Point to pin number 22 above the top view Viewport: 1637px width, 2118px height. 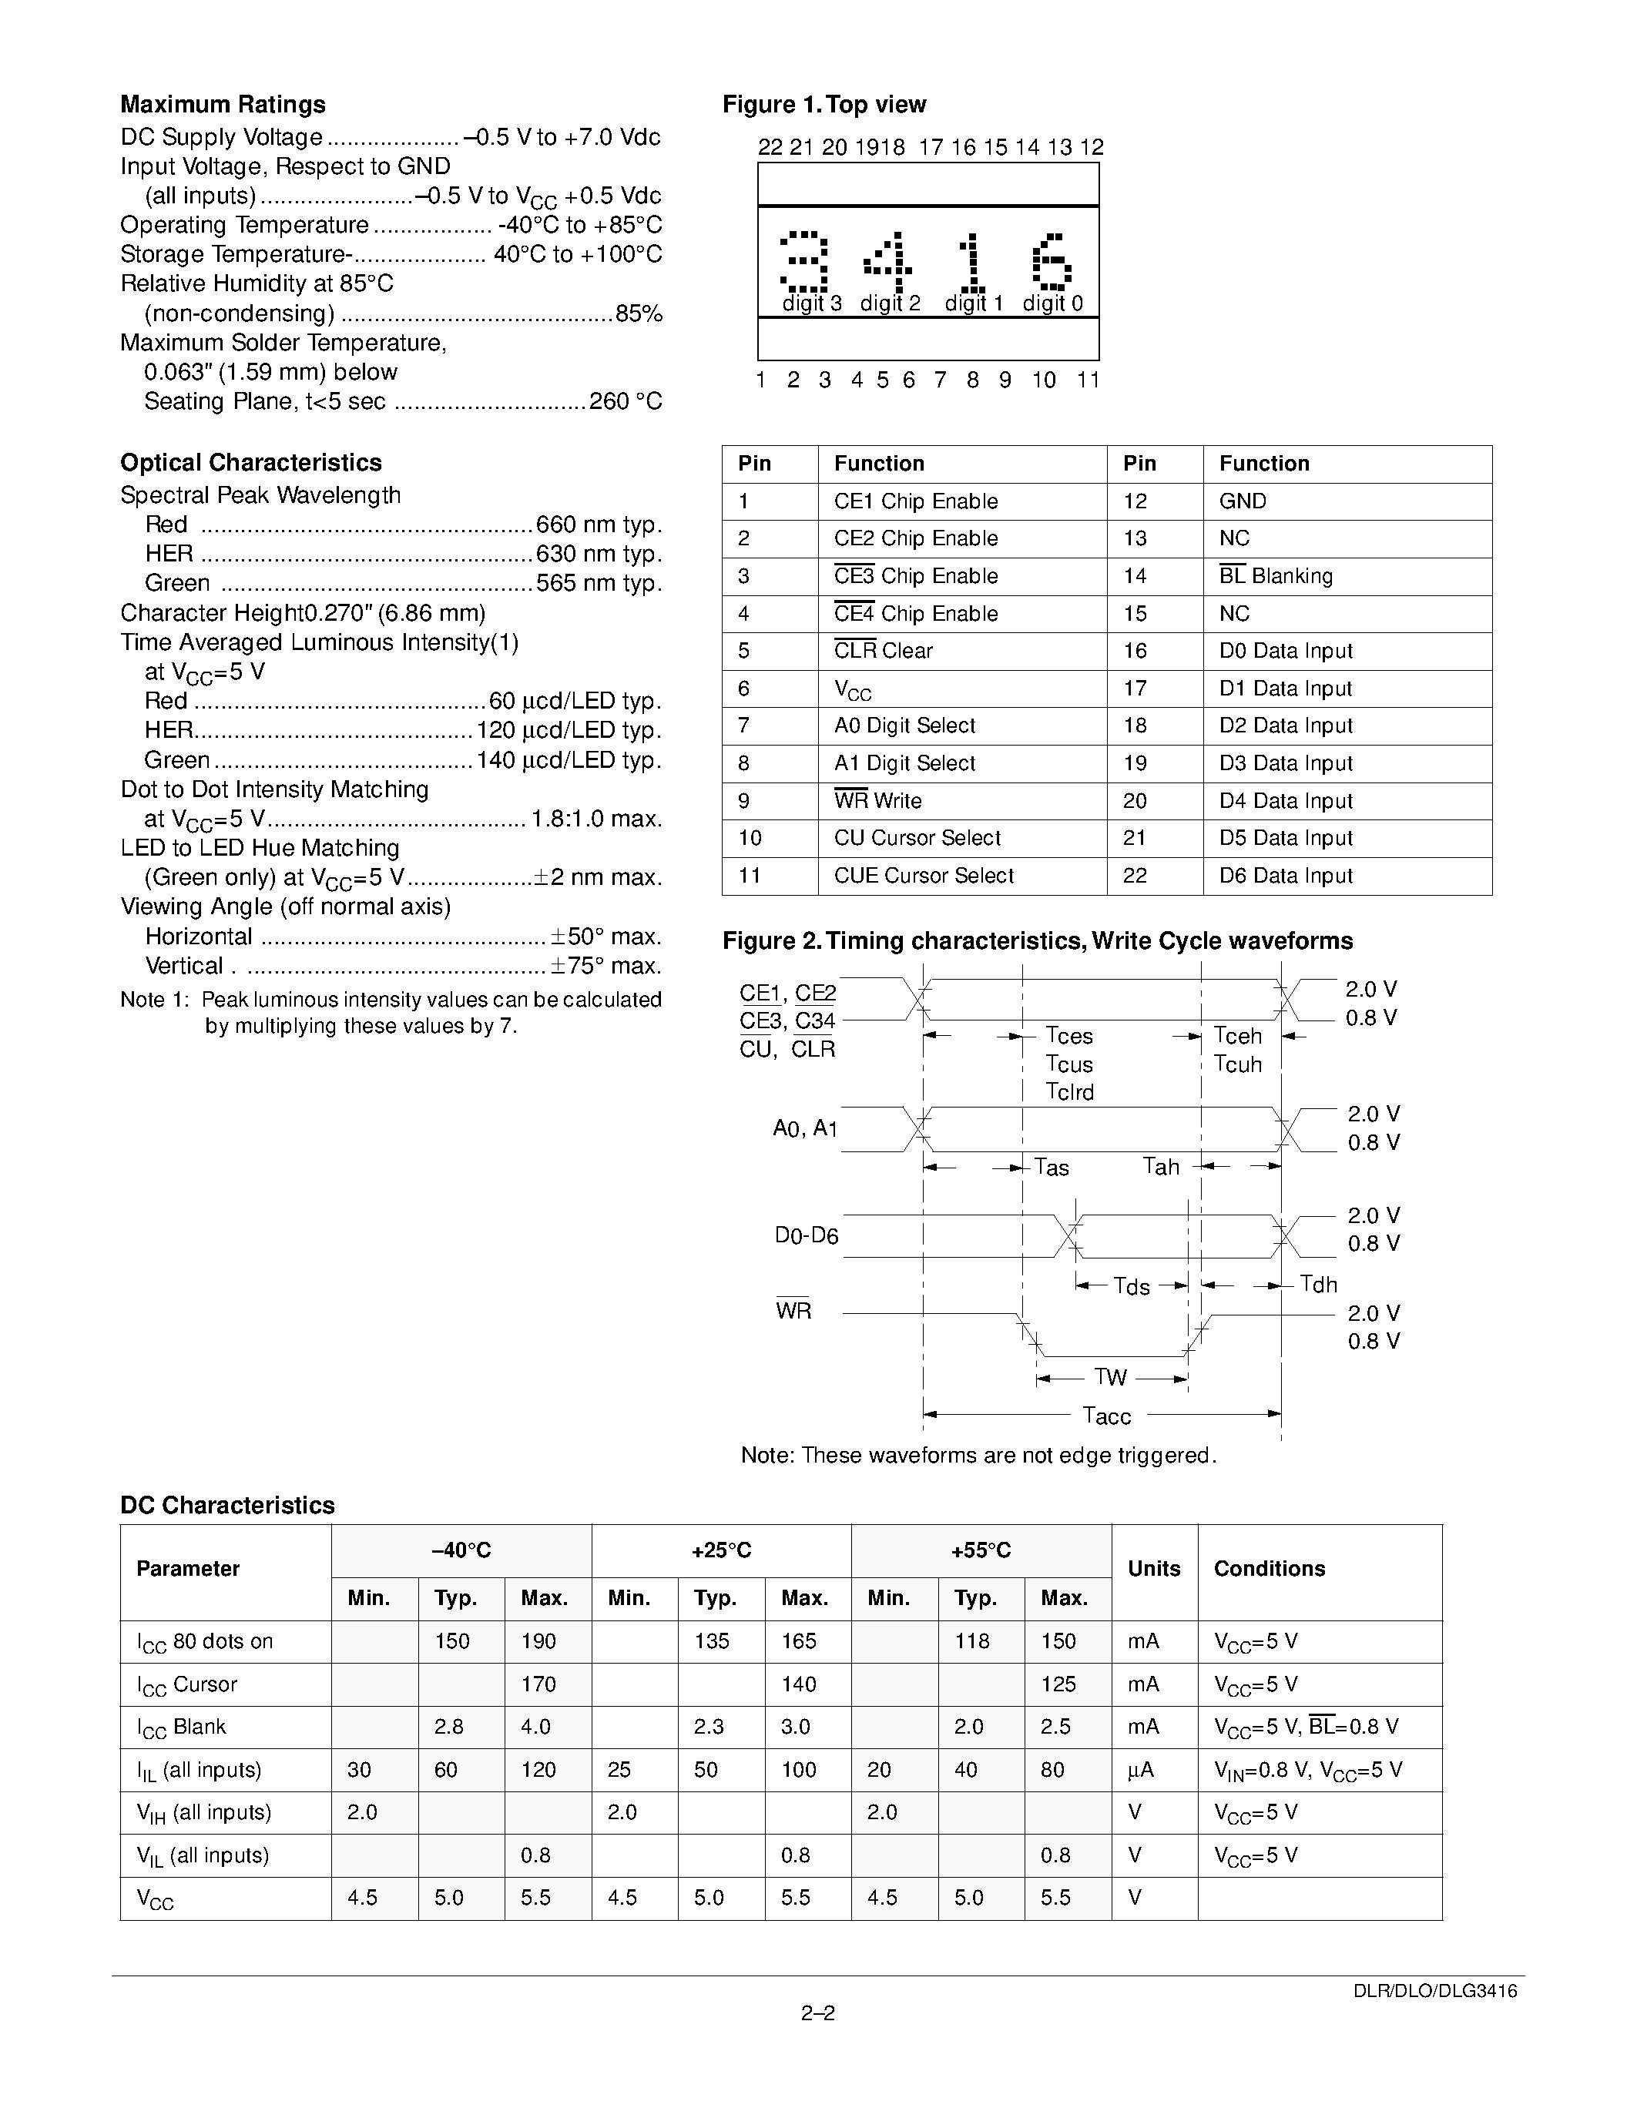click(x=770, y=147)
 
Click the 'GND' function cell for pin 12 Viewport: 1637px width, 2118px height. click(x=1243, y=501)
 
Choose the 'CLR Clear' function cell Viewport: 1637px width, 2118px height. click(x=883, y=651)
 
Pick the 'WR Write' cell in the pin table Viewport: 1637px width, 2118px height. click(x=877, y=801)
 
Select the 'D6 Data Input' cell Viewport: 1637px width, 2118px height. click(x=1285, y=876)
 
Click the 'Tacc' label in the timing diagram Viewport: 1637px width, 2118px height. click(x=1106, y=1417)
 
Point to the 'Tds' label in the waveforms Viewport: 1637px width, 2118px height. click(x=1131, y=1287)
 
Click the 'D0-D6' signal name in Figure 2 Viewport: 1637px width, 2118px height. click(x=806, y=1236)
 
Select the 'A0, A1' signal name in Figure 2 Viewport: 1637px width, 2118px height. click(x=805, y=1129)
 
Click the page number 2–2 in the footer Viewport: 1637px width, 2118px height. click(x=817, y=2013)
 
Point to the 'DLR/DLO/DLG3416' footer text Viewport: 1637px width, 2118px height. click(x=1435, y=1991)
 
